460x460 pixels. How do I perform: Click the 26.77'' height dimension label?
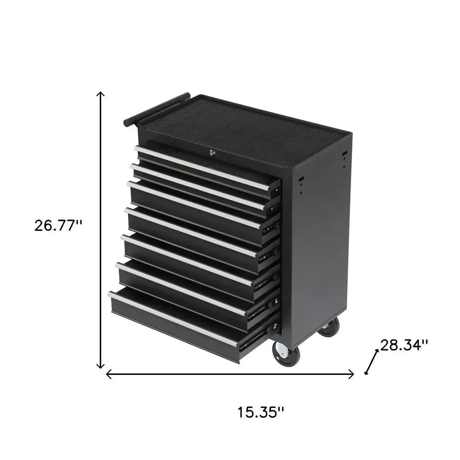(58, 225)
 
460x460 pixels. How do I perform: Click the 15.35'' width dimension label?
(260, 412)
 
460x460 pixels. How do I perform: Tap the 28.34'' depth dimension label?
(405, 345)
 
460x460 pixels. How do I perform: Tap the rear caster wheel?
(329, 328)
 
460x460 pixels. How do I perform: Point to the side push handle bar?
(156, 109)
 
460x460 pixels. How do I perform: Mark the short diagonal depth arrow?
(372, 362)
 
